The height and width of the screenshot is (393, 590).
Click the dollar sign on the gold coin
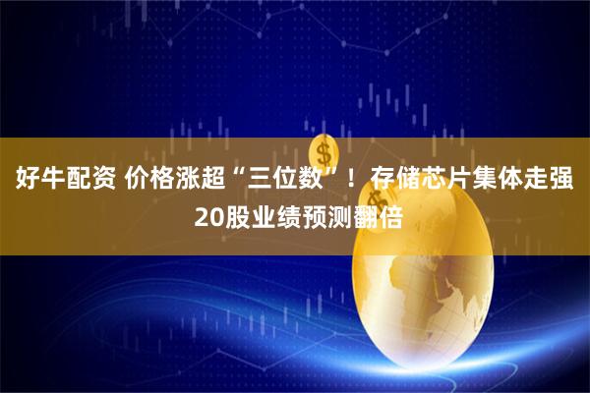(x=324, y=154)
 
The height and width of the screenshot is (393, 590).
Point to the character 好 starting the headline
(x=25, y=181)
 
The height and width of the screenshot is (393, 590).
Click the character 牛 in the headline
(x=50, y=181)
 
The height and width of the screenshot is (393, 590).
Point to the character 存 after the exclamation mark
(x=384, y=181)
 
